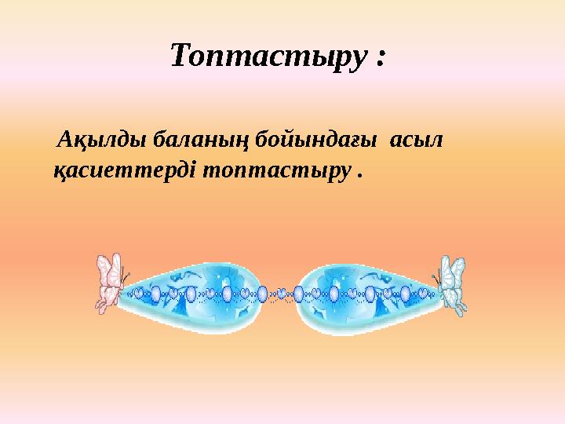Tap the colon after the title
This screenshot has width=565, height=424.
tap(381, 59)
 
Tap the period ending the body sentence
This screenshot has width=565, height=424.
tap(360, 175)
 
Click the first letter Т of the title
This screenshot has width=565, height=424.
tap(180, 57)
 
